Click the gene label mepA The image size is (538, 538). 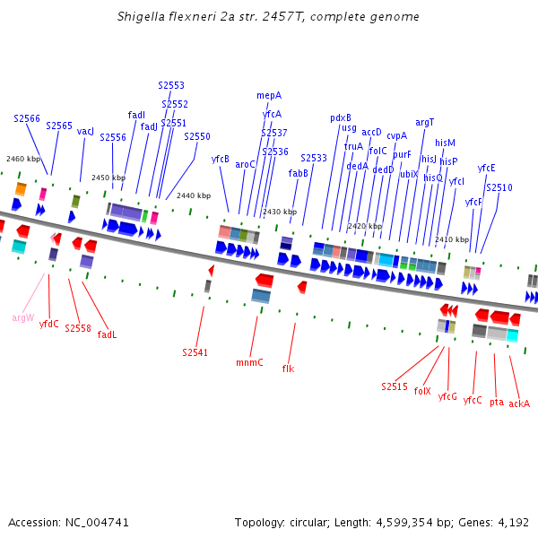click(269, 95)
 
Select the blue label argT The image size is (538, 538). click(425, 123)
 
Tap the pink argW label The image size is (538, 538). click(23, 317)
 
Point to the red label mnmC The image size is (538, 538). click(249, 363)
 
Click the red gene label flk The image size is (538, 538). click(288, 369)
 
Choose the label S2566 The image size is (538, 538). click(27, 118)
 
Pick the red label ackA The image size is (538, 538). click(519, 403)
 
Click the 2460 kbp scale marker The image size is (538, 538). click(23, 159)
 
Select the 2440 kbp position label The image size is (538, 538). click(194, 195)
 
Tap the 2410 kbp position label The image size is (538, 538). click(452, 239)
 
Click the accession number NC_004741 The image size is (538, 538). click(96, 522)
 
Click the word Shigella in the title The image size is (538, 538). click(141, 17)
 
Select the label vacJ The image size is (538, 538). click(85, 131)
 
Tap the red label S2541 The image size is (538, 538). click(195, 352)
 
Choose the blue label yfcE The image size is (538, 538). click(487, 168)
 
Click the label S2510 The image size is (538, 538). click(499, 187)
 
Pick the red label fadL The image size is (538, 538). click(107, 334)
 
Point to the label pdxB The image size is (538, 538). click(341, 117)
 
